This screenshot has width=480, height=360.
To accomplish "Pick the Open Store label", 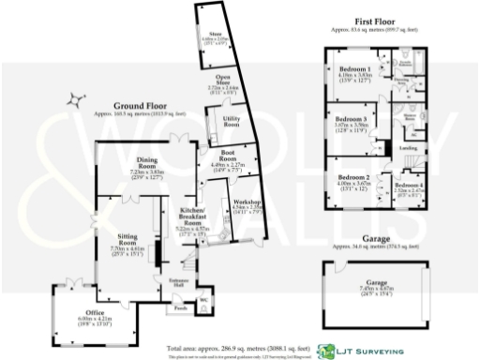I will tap(223, 80).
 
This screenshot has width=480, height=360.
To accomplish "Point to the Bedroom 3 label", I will tap(352, 119).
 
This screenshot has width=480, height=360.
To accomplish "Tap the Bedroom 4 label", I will tap(409, 186).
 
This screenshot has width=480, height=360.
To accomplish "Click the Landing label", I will tap(409, 147).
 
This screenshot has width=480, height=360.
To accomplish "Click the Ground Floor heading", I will tap(140, 106).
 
